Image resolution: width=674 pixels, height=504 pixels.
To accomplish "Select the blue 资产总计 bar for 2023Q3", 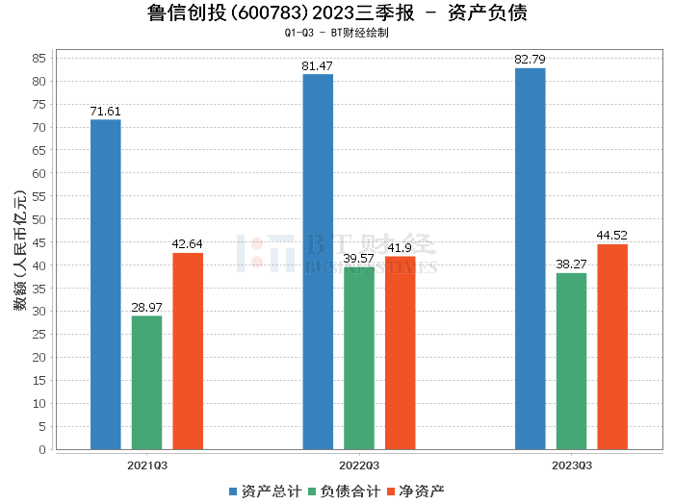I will (x=531, y=259).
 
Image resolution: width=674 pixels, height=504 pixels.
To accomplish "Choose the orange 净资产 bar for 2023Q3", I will (x=612, y=346).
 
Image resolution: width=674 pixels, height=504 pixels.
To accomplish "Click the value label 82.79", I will (x=531, y=61).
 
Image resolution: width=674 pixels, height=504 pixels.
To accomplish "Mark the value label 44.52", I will (x=612, y=236).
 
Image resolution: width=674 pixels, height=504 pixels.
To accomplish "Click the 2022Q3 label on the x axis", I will (x=359, y=465).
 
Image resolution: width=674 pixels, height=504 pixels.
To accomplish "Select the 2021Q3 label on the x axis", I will (x=146, y=465).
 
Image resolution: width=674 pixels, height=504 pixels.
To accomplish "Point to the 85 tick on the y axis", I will (x=40, y=58).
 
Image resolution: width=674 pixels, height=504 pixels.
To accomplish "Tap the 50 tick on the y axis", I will (x=40, y=219).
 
